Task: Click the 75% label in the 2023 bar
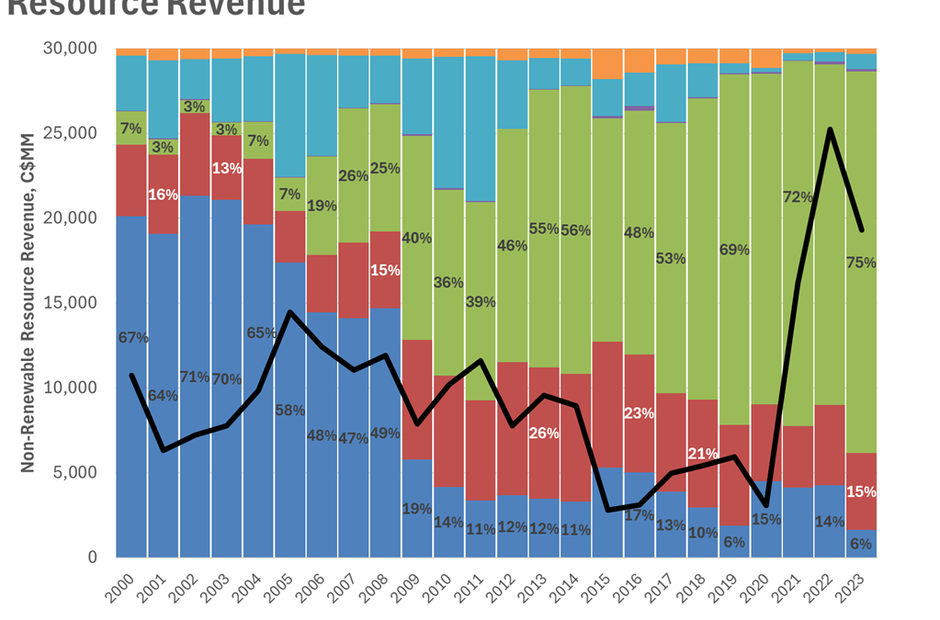point(862,262)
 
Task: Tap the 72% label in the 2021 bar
point(798,197)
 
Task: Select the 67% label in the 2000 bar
point(133,338)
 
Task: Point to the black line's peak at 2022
point(830,130)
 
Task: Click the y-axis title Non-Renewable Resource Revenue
point(28,303)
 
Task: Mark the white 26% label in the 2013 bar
point(545,433)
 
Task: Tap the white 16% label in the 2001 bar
point(164,195)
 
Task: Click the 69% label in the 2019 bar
point(735,250)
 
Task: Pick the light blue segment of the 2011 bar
point(481,129)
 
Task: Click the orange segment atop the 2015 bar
point(607,64)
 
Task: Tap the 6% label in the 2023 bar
point(862,543)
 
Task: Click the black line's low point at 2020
point(766,505)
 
